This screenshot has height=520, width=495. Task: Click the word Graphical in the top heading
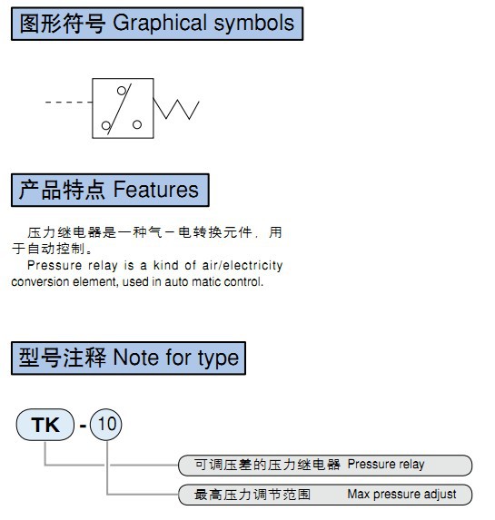click(x=160, y=24)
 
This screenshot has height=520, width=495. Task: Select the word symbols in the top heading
click(x=254, y=23)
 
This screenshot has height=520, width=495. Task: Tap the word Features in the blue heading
click(x=155, y=190)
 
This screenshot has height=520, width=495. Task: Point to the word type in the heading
click(x=218, y=358)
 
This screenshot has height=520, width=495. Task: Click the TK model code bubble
click(x=45, y=425)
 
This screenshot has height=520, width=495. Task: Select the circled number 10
click(x=106, y=425)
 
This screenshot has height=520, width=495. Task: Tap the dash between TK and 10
click(x=83, y=426)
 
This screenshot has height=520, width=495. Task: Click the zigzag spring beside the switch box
click(x=176, y=108)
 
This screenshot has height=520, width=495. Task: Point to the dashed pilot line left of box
click(x=68, y=103)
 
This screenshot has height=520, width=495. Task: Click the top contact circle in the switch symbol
click(x=122, y=91)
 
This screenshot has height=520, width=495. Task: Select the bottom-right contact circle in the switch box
click(x=137, y=124)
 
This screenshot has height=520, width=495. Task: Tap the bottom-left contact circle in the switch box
click(x=106, y=125)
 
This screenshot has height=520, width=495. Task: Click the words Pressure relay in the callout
click(x=386, y=465)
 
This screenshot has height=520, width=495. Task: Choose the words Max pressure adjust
click(x=401, y=494)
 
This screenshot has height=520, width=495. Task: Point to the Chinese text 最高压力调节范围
click(x=252, y=495)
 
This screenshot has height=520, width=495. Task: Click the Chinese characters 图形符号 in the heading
click(x=63, y=24)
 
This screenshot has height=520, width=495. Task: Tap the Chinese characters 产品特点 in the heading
click(x=62, y=190)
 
